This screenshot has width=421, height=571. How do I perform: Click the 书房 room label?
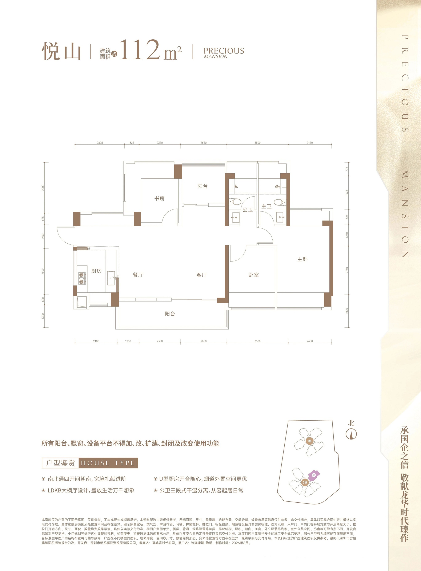(160, 198)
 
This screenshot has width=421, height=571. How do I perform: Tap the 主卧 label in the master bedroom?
(302, 259)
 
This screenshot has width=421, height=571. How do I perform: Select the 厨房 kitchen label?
(96, 271)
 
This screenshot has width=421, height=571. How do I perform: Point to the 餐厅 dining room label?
(138, 275)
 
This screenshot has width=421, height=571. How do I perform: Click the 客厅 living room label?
(202, 275)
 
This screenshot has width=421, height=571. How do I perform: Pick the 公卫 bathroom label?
(248, 210)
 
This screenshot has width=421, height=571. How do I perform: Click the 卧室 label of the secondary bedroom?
(254, 275)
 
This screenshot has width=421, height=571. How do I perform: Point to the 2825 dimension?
(100, 143)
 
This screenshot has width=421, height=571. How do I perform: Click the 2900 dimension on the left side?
(43, 188)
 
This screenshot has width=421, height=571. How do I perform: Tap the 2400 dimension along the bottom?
(96, 341)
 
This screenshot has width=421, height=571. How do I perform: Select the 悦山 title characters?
(61, 51)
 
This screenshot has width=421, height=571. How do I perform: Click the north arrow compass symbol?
(351, 434)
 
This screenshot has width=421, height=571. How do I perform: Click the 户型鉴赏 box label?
(60, 463)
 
